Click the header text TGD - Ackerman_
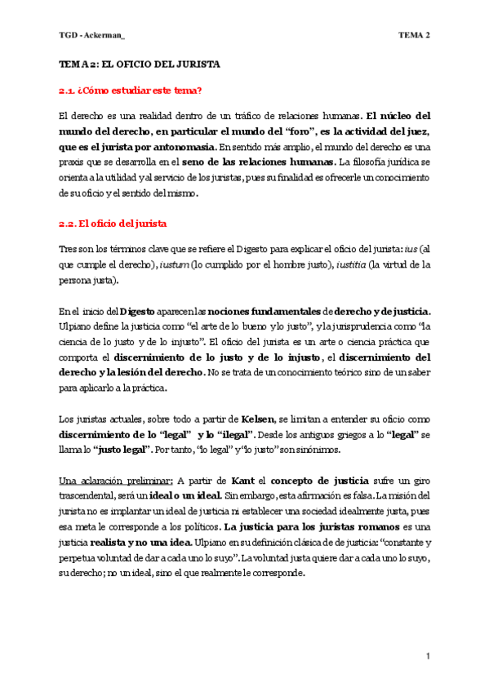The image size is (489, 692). tap(91, 35)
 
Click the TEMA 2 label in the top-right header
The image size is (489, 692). tap(414, 35)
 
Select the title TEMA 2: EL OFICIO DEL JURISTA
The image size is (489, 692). tap(140, 64)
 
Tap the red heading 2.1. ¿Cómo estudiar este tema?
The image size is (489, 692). tap(131, 89)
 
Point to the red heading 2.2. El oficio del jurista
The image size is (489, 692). tap(113, 223)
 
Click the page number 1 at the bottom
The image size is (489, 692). tap(428, 656)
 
